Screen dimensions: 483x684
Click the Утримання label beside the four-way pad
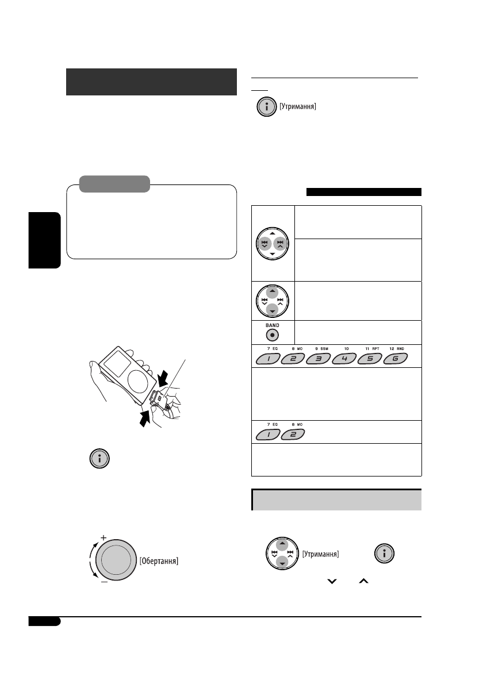point(320,555)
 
